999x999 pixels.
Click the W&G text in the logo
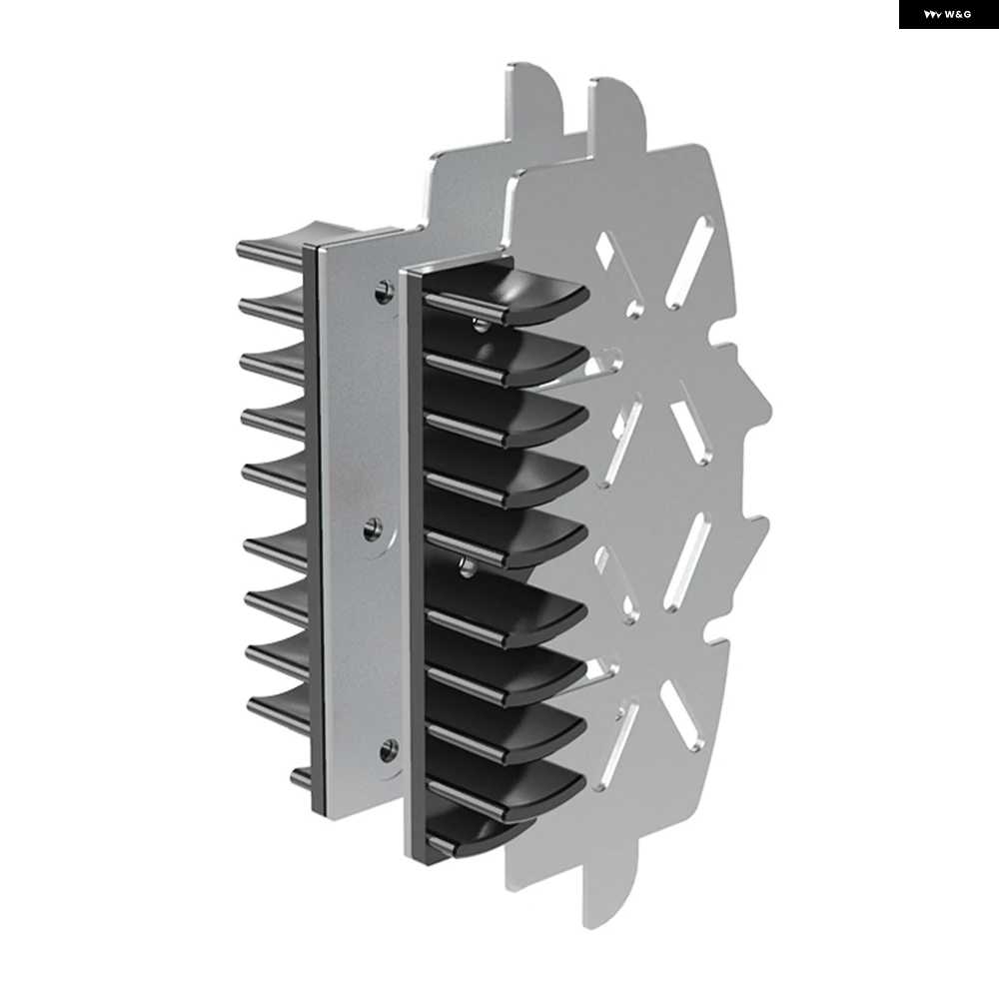coord(958,14)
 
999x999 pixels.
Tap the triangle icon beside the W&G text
coord(933,15)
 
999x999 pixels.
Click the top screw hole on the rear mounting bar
coord(383,292)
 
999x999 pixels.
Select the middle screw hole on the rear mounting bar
coord(374,528)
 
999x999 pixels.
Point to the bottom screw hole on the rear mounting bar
coord(388,750)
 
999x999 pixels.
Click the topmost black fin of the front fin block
coord(506,293)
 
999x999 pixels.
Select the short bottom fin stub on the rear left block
coord(302,778)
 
